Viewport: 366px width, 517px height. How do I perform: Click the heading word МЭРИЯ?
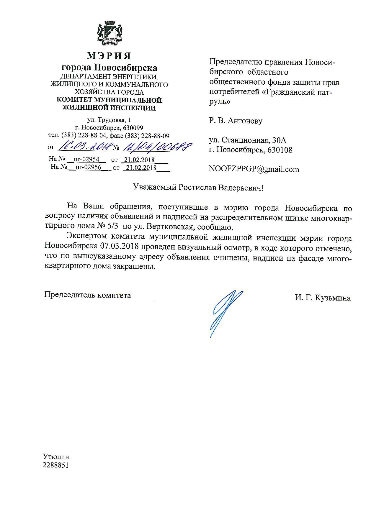pyautogui.click(x=109, y=55)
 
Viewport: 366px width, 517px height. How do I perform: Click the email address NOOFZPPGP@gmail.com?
pyautogui.click(x=254, y=169)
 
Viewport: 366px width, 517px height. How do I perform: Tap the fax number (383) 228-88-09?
pyautogui.click(x=147, y=136)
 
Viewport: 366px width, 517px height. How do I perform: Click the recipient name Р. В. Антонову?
pyautogui.click(x=236, y=121)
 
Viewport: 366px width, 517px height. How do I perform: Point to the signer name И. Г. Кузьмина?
pyautogui.click(x=323, y=298)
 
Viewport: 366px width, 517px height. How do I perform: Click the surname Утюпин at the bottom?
pyautogui.click(x=56, y=457)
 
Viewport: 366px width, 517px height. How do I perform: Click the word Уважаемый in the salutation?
pyautogui.click(x=155, y=188)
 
